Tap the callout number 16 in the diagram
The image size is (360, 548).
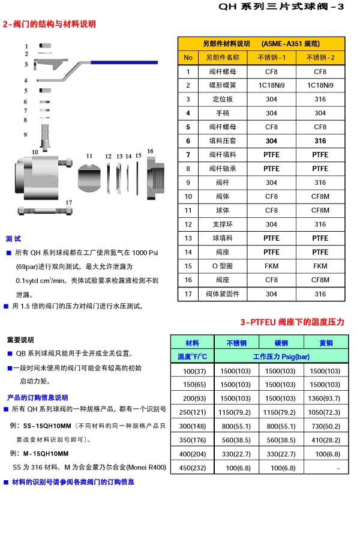pos(151,151)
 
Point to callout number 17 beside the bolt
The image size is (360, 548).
pos(69,202)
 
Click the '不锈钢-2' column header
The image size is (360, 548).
pos(320,58)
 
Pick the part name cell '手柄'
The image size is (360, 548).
pos(223,113)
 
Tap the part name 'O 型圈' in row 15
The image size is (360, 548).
pos(223,266)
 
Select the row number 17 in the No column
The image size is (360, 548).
pos(188,294)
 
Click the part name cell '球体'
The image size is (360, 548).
pos(223,210)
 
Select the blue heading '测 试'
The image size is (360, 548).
pos(13,239)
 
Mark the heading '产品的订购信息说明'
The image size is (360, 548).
pos(37,397)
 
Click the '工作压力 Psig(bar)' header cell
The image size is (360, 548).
pos(281,357)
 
